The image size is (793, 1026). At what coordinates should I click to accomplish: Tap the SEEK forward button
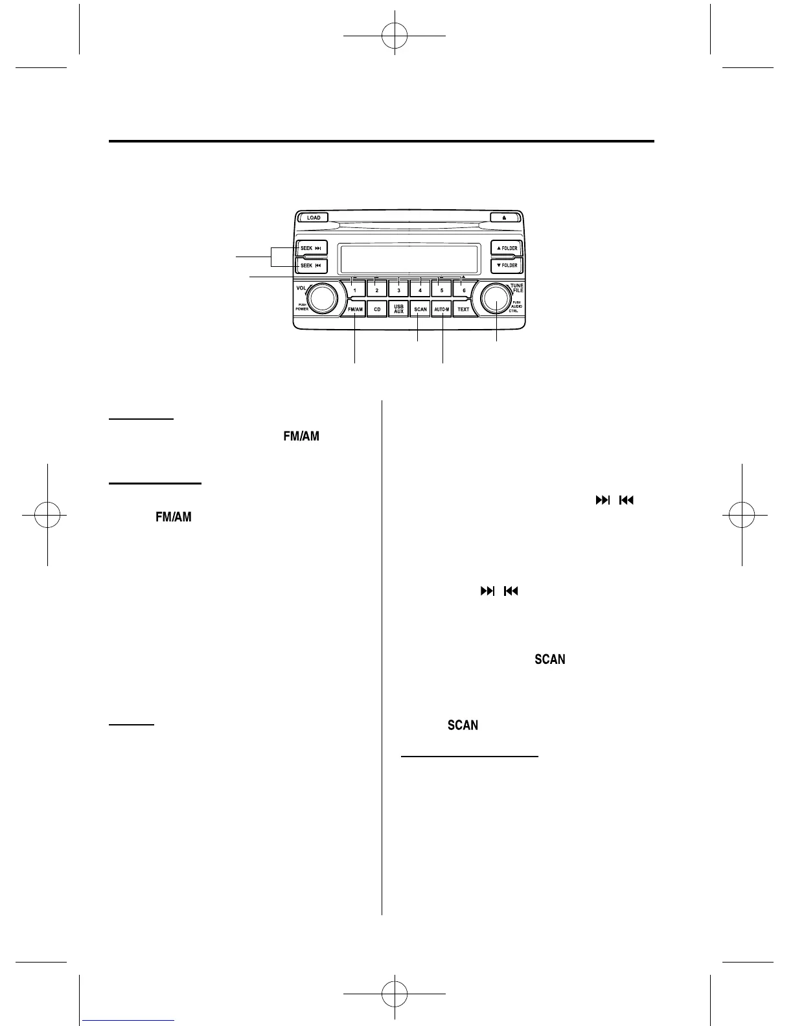pyautogui.click(x=312, y=248)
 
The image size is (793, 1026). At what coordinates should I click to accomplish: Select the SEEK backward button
pyautogui.click(x=312, y=266)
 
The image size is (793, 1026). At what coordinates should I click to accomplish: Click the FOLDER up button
pyautogui.click(x=507, y=248)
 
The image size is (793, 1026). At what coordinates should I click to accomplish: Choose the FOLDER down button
pyautogui.click(x=507, y=266)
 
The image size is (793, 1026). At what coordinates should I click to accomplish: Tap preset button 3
pyautogui.click(x=398, y=290)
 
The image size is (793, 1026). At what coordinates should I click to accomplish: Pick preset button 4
pyautogui.click(x=420, y=290)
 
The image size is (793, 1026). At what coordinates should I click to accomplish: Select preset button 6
pyautogui.click(x=463, y=290)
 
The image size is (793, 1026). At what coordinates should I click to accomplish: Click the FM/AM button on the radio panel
pyautogui.click(x=355, y=310)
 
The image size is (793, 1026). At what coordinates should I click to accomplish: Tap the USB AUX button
pyautogui.click(x=398, y=310)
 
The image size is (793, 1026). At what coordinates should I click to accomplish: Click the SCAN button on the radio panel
pyautogui.click(x=420, y=310)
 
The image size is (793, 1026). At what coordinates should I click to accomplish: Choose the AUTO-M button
pyautogui.click(x=442, y=310)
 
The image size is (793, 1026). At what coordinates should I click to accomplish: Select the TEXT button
pyautogui.click(x=463, y=310)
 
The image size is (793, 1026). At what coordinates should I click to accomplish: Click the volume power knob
pyautogui.click(x=322, y=298)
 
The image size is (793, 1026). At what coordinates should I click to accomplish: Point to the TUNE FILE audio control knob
pyautogui.click(x=496, y=299)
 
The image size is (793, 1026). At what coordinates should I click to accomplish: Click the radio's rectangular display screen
pyautogui.click(x=409, y=259)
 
